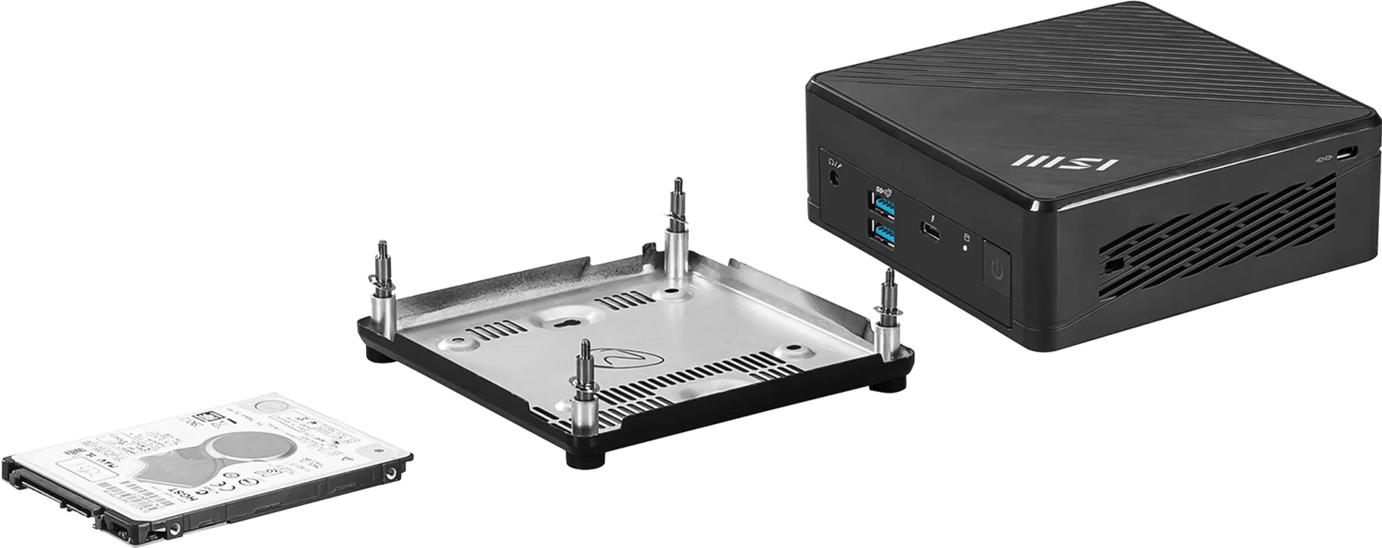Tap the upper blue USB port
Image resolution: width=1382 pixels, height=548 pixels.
pos(884,207)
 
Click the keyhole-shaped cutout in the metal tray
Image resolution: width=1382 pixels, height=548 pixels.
pos(563,324)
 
